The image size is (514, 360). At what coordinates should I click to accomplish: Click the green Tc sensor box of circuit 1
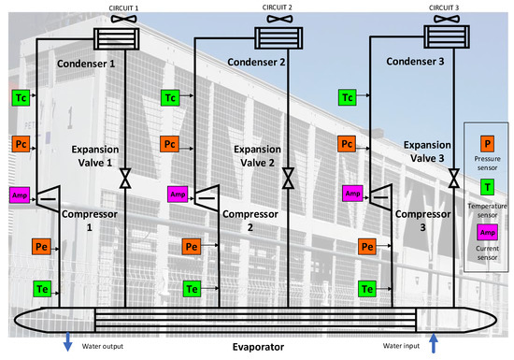[x=21, y=96]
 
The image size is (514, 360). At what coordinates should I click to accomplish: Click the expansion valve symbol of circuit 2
[x=290, y=176]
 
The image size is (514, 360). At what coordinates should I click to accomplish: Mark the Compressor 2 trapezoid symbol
[x=207, y=194]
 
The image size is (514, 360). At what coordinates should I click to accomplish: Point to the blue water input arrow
[x=434, y=344]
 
